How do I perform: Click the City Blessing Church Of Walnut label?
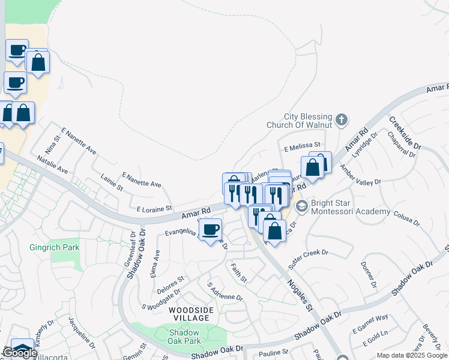coord(307,121)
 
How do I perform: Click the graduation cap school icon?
coord(301,207)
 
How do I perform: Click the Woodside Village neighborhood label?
coord(190,313)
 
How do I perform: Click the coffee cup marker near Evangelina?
coord(209,230)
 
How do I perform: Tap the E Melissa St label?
coord(303,145)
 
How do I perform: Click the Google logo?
coord(19,353)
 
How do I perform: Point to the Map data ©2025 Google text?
coord(412,355)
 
